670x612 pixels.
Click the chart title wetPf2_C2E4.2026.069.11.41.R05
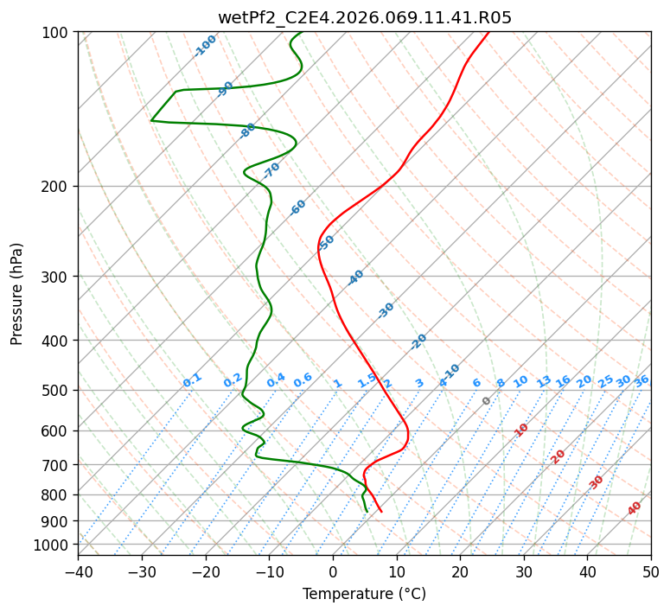coord(364,17)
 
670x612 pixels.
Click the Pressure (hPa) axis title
coord(17,294)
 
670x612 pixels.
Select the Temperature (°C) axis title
coord(364,595)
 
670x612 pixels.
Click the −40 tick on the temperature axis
coord(78,571)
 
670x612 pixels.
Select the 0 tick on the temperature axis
coord(333,571)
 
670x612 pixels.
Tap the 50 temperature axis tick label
coord(651,571)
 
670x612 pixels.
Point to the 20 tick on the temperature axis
coord(460,571)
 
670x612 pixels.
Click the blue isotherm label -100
coord(206,46)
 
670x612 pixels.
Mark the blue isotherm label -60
coord(298,207)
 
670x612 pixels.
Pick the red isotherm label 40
coord(635,508)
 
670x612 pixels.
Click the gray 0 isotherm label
coord(487,401)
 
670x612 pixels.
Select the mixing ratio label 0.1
coord(192,379)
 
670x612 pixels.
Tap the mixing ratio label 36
coord(641,380)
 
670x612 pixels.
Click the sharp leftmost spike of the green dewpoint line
coord(152,120)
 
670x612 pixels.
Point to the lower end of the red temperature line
coord(381,512)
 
